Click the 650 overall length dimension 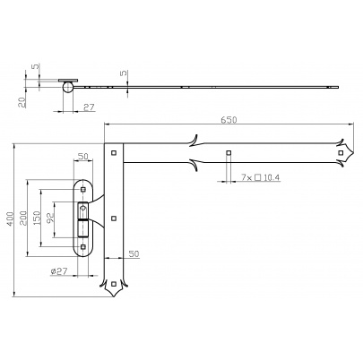229,120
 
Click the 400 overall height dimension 10,219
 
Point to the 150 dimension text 37,218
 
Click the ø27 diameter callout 59,271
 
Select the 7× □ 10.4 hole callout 260,177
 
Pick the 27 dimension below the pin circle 89,107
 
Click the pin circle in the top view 67,87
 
